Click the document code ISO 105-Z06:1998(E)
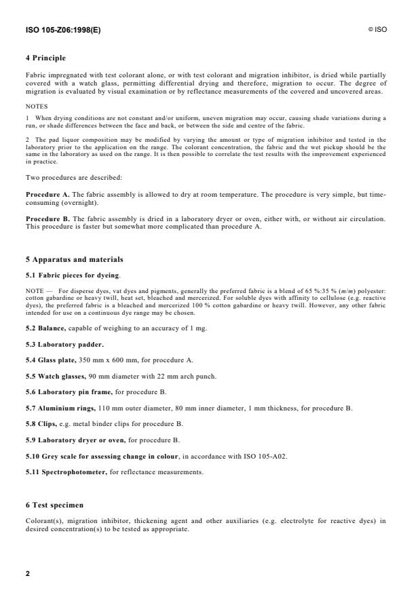pyautogui.click(x=62, y=30)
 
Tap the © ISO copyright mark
pyautogui.click(x=377, y=30)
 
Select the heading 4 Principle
pyautogui.click(x=47, y=58)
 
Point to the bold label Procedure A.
pyautogui.click(x=46, y=193)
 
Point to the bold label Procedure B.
pyautogui.click(x=46, y=218)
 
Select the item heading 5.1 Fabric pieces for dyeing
pyautogui.click(x=73, y=275)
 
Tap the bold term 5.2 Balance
pyautogui.click(x=46, y=328)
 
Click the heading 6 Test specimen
pyautogui.click(x=55, y=505)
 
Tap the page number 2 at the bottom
pyautogui.click(x=28, y=574)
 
